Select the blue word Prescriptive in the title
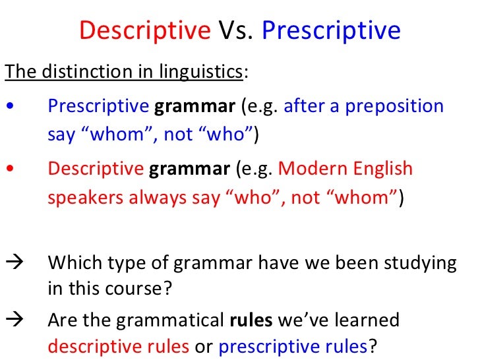click(331, 30)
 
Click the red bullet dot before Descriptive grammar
click(8, 169)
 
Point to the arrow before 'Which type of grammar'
click(13, 263)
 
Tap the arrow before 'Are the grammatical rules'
click(13, 320)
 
